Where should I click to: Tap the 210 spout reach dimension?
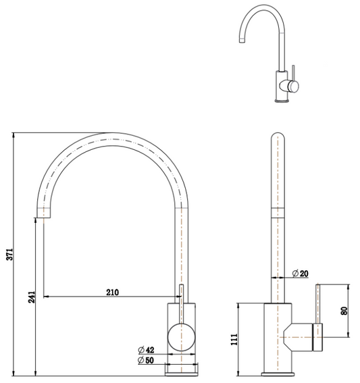coord(113,292)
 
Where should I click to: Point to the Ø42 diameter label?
coord(147,349)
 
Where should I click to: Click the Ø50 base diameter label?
coord(147,361)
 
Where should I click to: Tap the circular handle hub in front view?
coord(180,335)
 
